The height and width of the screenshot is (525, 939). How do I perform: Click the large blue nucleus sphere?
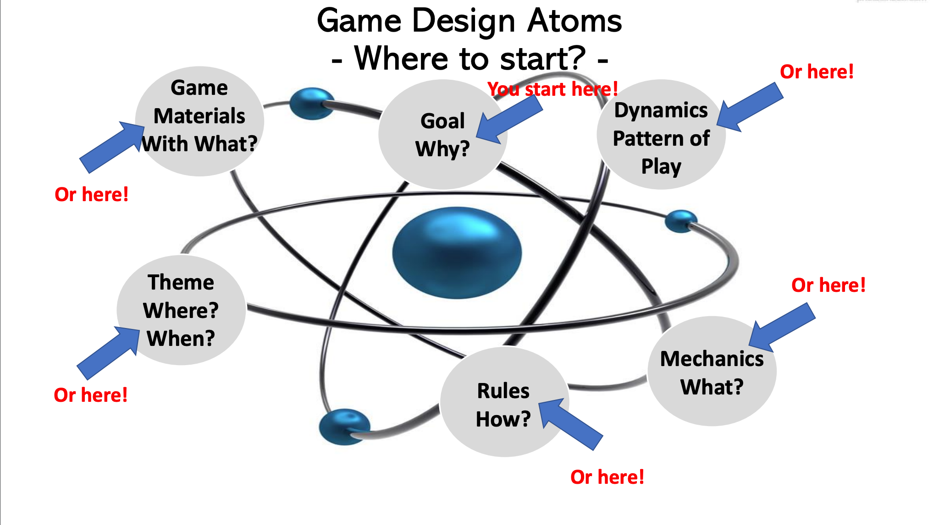(x=457, y=253)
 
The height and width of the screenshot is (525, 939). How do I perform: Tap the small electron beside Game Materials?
(x=312, y=104)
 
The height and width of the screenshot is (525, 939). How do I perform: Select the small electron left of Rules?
(x=344, y=427)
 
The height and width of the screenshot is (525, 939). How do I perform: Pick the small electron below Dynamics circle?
(x=681, y=221)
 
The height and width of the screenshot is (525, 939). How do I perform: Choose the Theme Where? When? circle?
(x=181, y=310)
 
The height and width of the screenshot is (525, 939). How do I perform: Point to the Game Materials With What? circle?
(x=199, y=121)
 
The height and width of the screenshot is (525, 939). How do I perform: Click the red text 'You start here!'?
(x=552, y=89)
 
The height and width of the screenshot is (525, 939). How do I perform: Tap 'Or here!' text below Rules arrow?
(x=607, y=477)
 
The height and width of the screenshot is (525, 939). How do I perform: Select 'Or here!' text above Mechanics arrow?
(x=828, y=285)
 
